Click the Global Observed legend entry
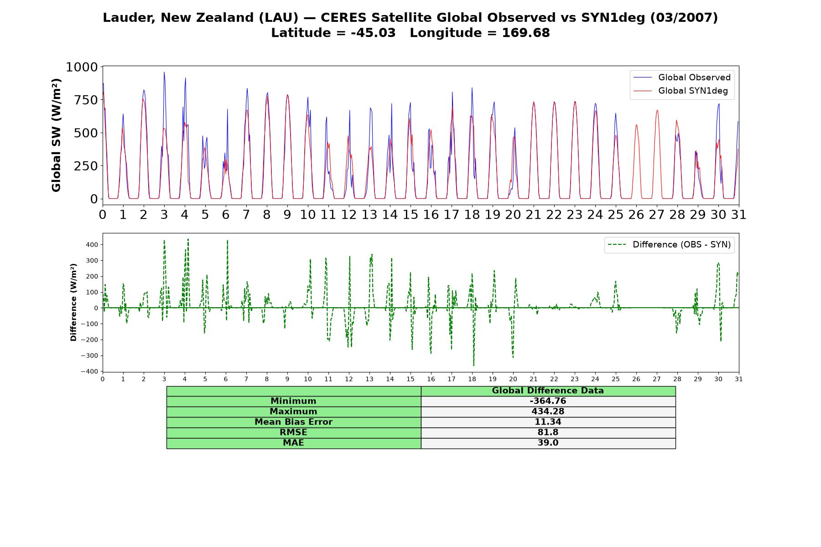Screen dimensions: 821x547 pyautogui.click(x=682, y=77)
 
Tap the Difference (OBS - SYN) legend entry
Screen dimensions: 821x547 pyautogui.click(x=669, y=245)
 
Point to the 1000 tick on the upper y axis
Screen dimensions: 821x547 pyautogui.click(x=82, y=67)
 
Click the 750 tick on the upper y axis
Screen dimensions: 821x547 pyautogui.click(x=86, y=100)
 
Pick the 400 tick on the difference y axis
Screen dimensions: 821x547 pyautogui.click(x=91, y=245)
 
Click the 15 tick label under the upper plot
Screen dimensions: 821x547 pyautogui.click(x=410, y=215)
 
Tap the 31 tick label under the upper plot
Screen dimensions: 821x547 pyautogui.click(x=739, y=215)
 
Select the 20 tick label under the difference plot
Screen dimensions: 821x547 pyautogui.click(x=513, y=379)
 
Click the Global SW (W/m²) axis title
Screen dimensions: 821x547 pyautogui.click(x=56, y=135)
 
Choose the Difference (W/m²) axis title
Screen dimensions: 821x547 pyautogui.click(x=73, y=303)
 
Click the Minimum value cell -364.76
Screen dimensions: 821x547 pyautogui.click(x=548, y=401)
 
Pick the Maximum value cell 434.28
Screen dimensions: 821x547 pyautogui.click(x=548, y=412)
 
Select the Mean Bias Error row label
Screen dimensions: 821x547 pyautogui.click(x=293, y=422)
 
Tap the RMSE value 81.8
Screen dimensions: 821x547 pyautogui.click(x=548, y=433)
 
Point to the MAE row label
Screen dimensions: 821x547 pyautogui.click(x=293, y=443)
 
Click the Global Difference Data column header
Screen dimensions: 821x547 pyautogui.click(x=548, y=391)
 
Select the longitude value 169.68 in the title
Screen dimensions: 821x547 pyautogui.click(x=526, y=33)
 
